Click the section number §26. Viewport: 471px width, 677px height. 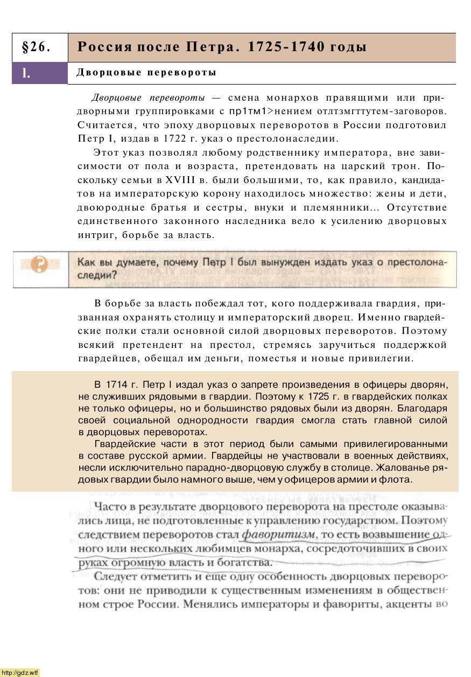[37, 47]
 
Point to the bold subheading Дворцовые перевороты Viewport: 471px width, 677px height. [146, 72]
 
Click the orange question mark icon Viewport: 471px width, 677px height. [39, 264]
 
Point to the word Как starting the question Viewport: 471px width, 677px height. [86, 262]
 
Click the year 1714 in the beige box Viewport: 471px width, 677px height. [117, 385]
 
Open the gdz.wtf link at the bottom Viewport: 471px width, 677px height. [20, 672]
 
